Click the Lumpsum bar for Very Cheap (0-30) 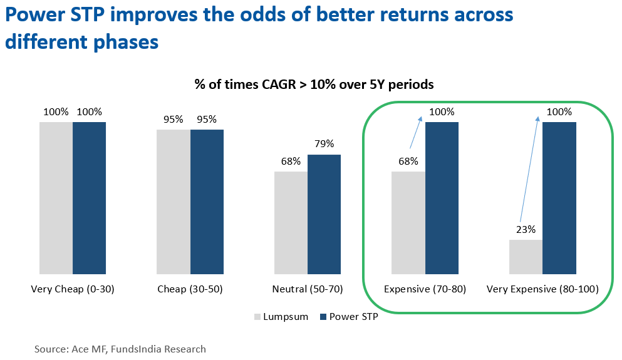56,198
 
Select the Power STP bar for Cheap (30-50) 207,202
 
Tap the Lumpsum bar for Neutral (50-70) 291,222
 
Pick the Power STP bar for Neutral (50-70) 324,214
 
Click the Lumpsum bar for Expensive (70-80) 408,222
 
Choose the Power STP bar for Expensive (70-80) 442,198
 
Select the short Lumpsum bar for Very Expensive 526,257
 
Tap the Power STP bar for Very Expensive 559,198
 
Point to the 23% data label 526,229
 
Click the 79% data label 324,145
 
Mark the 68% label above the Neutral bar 291,161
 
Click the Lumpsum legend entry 281,317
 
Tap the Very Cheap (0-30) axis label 73,289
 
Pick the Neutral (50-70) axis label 308,289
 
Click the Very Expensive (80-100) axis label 543,289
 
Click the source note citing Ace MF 120,349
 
